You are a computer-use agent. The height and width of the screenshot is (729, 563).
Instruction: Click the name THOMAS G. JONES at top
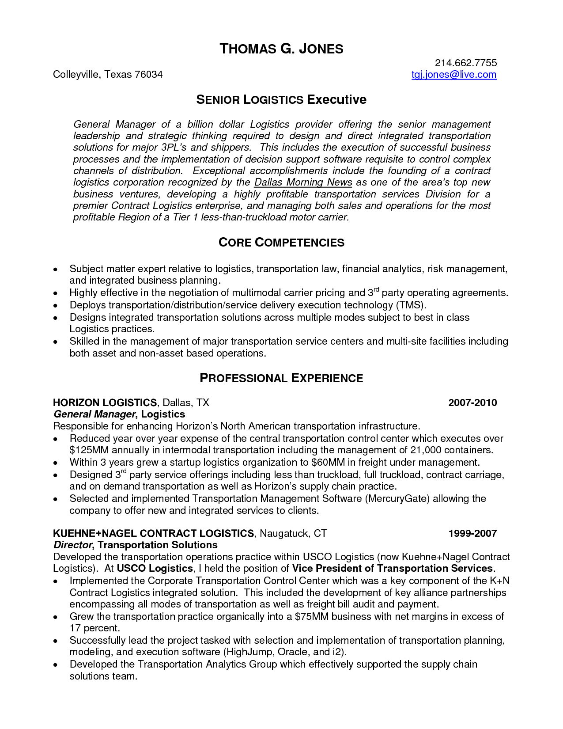[281, 49]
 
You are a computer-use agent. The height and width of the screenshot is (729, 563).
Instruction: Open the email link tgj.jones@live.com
[454, 74]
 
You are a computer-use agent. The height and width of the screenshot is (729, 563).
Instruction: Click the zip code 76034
[148, 74]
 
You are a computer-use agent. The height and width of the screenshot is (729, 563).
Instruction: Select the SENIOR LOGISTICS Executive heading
[281, 99]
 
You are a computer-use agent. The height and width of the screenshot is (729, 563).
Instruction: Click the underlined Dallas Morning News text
[303, 182]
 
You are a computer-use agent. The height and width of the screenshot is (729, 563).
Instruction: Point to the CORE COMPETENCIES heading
[281, 243]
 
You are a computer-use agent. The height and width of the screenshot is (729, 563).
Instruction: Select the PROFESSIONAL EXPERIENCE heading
[281, 378]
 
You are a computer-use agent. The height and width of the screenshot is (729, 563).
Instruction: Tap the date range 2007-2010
[472, 402]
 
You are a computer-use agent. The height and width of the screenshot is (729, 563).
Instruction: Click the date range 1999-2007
[472, 533]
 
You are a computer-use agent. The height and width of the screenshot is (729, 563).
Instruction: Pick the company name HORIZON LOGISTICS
[105, 402]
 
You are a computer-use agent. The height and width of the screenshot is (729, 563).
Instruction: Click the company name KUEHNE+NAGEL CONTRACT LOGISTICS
[153, 533]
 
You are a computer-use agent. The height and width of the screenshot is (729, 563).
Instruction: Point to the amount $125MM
[89, 450]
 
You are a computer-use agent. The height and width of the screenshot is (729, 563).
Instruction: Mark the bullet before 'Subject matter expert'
[56, 269]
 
